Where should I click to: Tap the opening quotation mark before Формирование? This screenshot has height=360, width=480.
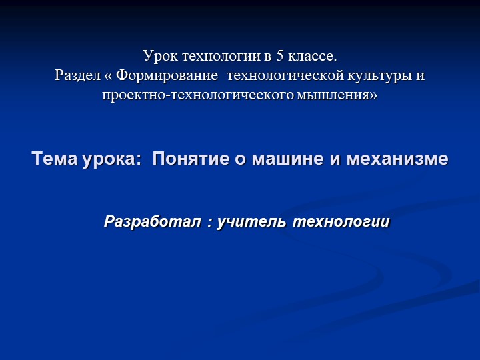[x=108, y=76]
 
